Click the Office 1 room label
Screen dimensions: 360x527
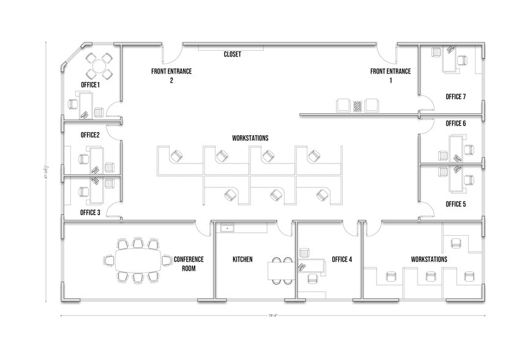(x=90, y=84)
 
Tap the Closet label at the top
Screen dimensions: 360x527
(x=232, y=54)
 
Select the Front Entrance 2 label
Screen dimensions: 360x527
(x=171, y=75)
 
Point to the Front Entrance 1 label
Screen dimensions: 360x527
(x=390, y=75)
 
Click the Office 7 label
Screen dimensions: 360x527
(x=455, y=97)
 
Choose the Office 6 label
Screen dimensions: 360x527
(x=455, y=124)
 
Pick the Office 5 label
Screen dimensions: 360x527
(x=455, y=204)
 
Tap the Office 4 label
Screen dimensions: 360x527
(x=342, y=260)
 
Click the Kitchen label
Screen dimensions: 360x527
(x=242, y=260)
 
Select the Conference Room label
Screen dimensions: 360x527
(x=189, y=263)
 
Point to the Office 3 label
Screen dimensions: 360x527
(x=90, y=212)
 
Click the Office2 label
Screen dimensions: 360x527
(x=90, y=135)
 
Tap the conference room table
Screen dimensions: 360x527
(x=137, y=261)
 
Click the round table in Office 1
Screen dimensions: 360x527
(x=100, y=66)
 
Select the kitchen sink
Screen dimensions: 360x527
(x=228, y=228)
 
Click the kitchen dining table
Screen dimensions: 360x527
(x=280, y=269)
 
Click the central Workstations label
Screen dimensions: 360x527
(x=250, y=138)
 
